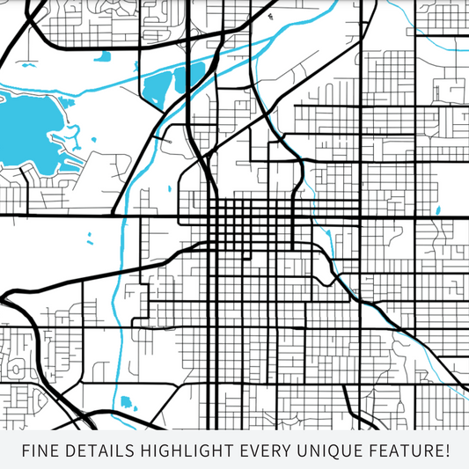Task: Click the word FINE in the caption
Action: point(41,451)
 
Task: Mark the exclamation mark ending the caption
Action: point(446,451)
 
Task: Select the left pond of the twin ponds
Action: point(158,88)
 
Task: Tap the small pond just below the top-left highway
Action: point(105,61)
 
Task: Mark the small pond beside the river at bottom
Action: point(125,402)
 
